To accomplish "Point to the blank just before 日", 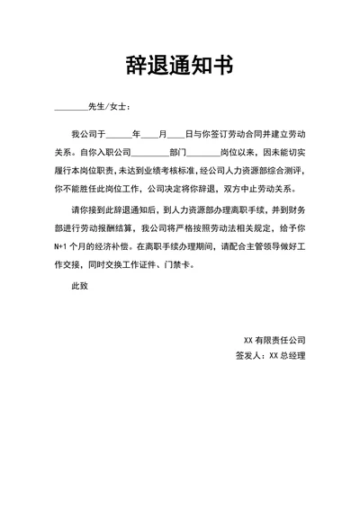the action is pyautogui.click(x=176, y=133).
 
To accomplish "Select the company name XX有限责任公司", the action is pyautogui.click(x=275, y=340).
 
